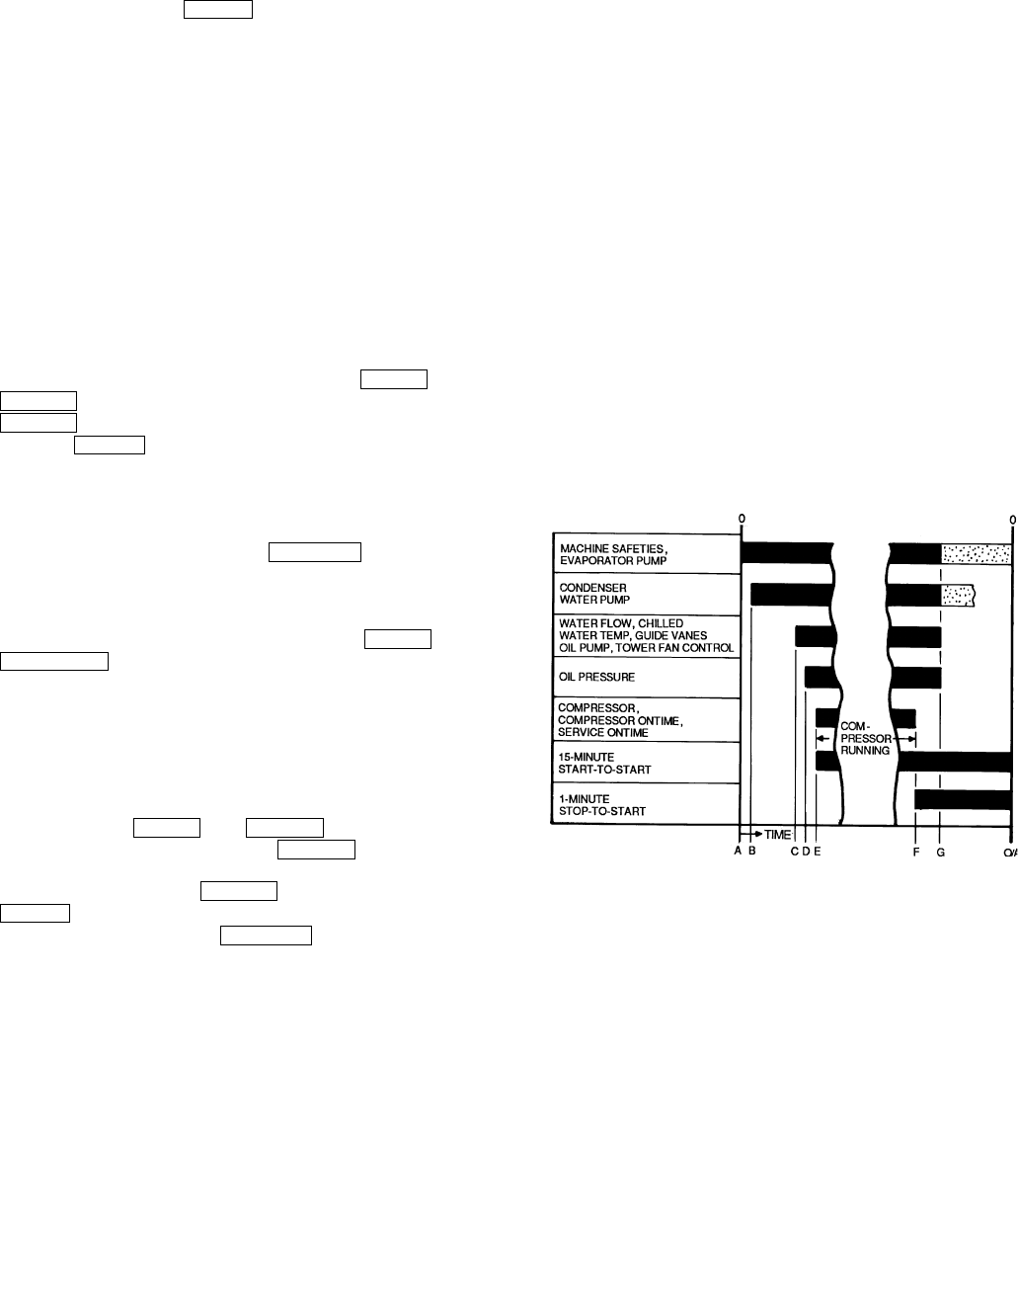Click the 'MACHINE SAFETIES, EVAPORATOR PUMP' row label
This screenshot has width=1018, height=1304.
pos(612,554)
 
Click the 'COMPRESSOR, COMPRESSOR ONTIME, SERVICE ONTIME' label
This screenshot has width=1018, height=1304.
pos(621,719)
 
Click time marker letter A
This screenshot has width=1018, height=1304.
pos(738,852)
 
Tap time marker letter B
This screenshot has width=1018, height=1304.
pos(751,852)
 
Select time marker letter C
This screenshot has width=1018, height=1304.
pos(795,852)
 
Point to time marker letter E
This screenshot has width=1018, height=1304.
pos(817,852)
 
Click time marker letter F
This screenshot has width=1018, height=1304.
pos(916,852)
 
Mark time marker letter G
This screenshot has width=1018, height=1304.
pos(940,852)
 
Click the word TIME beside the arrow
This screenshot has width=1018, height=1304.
pos(778,835)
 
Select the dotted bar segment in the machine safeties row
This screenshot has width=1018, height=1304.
pos(976,554)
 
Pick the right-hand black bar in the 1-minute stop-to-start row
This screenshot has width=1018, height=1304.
pos(963,799)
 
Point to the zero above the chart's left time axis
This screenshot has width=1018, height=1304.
pos(742,519)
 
